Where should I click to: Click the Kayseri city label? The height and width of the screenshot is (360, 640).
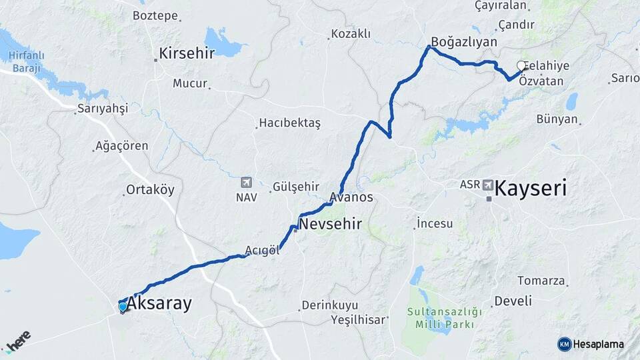(531, 188)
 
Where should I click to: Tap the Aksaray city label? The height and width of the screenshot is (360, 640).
(159, 304)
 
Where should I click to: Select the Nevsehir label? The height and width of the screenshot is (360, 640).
(331, 224)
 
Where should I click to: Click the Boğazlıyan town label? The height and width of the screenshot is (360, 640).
(464, 41)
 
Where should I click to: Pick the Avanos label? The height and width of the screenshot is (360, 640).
(351, 198)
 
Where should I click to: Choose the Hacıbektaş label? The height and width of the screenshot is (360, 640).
(290, 123)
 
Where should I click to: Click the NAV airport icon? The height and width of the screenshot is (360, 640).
(246, 182)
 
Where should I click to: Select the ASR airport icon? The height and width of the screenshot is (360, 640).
(489, 184)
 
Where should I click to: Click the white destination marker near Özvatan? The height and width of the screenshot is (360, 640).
(521, 65)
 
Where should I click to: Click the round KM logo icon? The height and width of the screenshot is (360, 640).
(564, 344)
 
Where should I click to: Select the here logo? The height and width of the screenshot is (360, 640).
(19, 342)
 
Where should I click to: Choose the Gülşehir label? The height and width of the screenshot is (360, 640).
(296, 187)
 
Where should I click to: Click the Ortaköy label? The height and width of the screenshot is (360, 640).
(151, 190)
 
